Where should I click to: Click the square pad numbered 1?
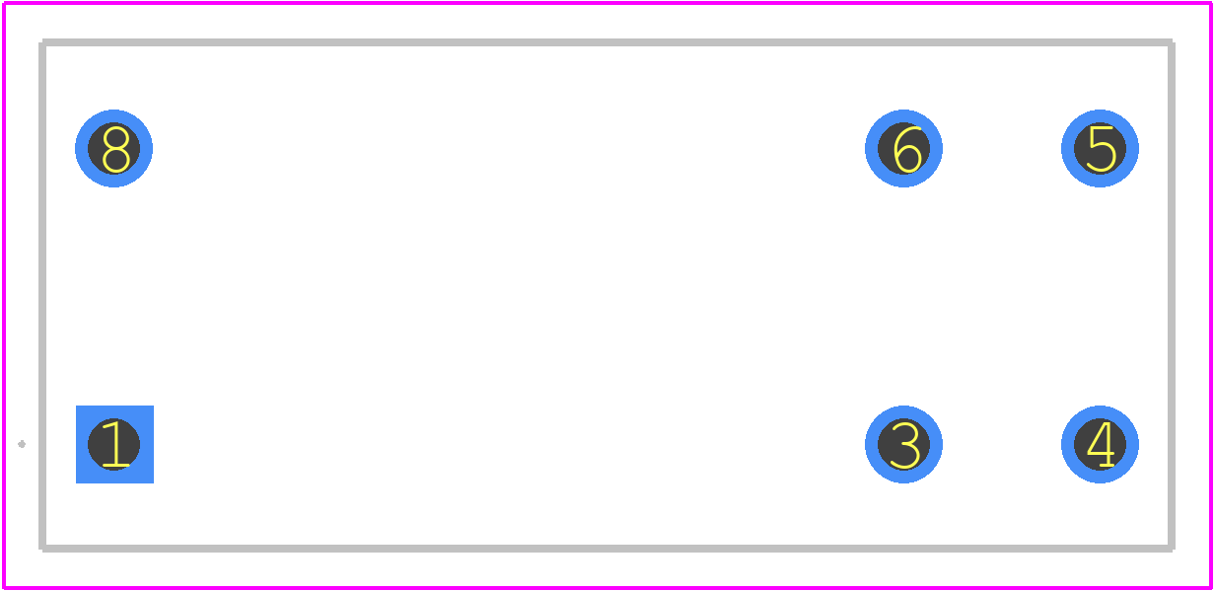point(114,444)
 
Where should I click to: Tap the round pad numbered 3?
point(903,444)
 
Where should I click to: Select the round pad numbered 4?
point(1100,444)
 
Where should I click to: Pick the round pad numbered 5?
point(1100,148)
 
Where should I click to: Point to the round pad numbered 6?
point(903,148)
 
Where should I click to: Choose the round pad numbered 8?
point(114,148)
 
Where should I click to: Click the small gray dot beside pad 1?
point(22,444)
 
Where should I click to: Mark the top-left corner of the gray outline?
point(42,42)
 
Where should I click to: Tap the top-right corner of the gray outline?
point(1172,42)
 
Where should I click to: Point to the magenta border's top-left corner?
point(3,3)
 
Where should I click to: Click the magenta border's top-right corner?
point(1211,3)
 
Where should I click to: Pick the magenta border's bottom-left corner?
point(3,588)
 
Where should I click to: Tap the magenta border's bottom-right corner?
point(1211,588)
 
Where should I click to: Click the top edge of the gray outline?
point(607,42)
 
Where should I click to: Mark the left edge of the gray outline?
point(42,295)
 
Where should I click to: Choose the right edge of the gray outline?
point(1172,295)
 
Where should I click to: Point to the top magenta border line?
point(607,3)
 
